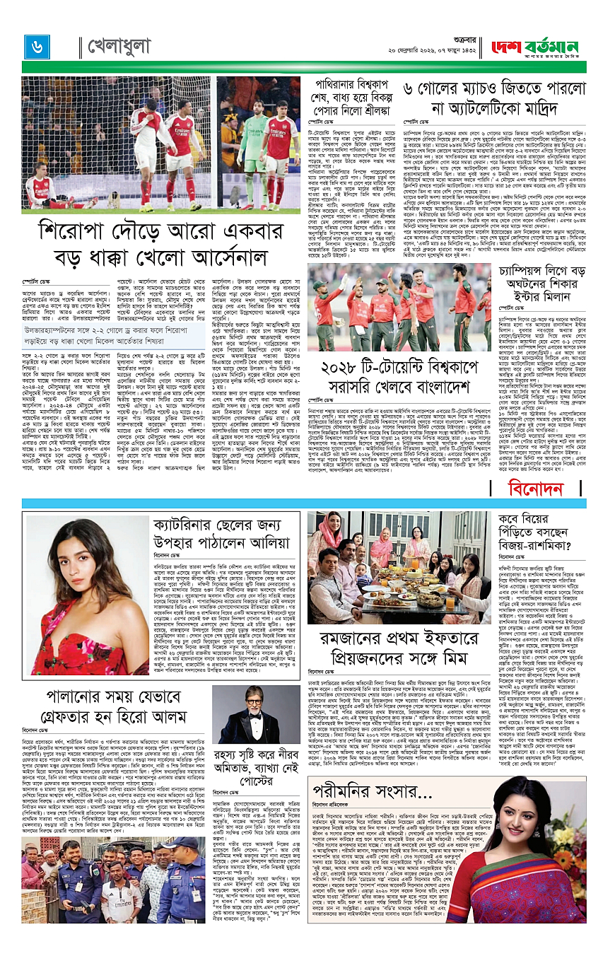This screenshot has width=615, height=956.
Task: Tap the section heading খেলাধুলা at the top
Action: [119, 47]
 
